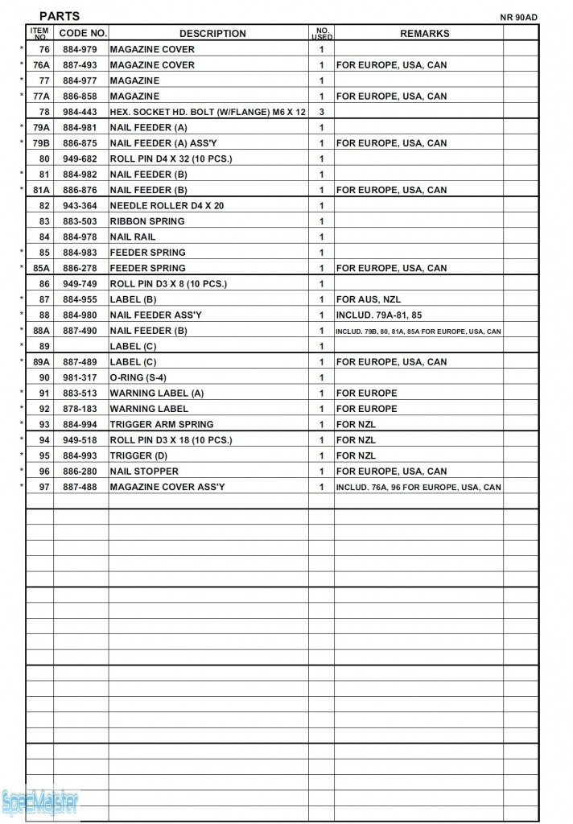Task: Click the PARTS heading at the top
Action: pos(60,16)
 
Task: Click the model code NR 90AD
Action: pos(519,18)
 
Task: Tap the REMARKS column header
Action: pos(424,34)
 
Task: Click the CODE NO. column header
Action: pos(83,34)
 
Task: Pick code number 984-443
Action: pos(80,112)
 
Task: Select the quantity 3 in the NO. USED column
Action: pos(321,112)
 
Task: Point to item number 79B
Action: pos(41,143)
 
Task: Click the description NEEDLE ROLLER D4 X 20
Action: pos(167,206)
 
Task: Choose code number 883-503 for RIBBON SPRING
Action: pos(80,221)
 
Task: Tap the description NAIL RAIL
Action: pos(133,237)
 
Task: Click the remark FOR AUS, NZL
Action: pos(368,299)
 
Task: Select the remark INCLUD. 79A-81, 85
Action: pos(378,315)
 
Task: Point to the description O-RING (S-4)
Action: pos(138,377)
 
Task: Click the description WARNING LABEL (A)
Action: pos(156,393)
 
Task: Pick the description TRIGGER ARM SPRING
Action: pos(161,424)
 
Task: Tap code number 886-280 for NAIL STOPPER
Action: pos(80,472)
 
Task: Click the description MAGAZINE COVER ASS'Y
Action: pos(167,487)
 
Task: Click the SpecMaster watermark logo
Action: pos(40,801)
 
